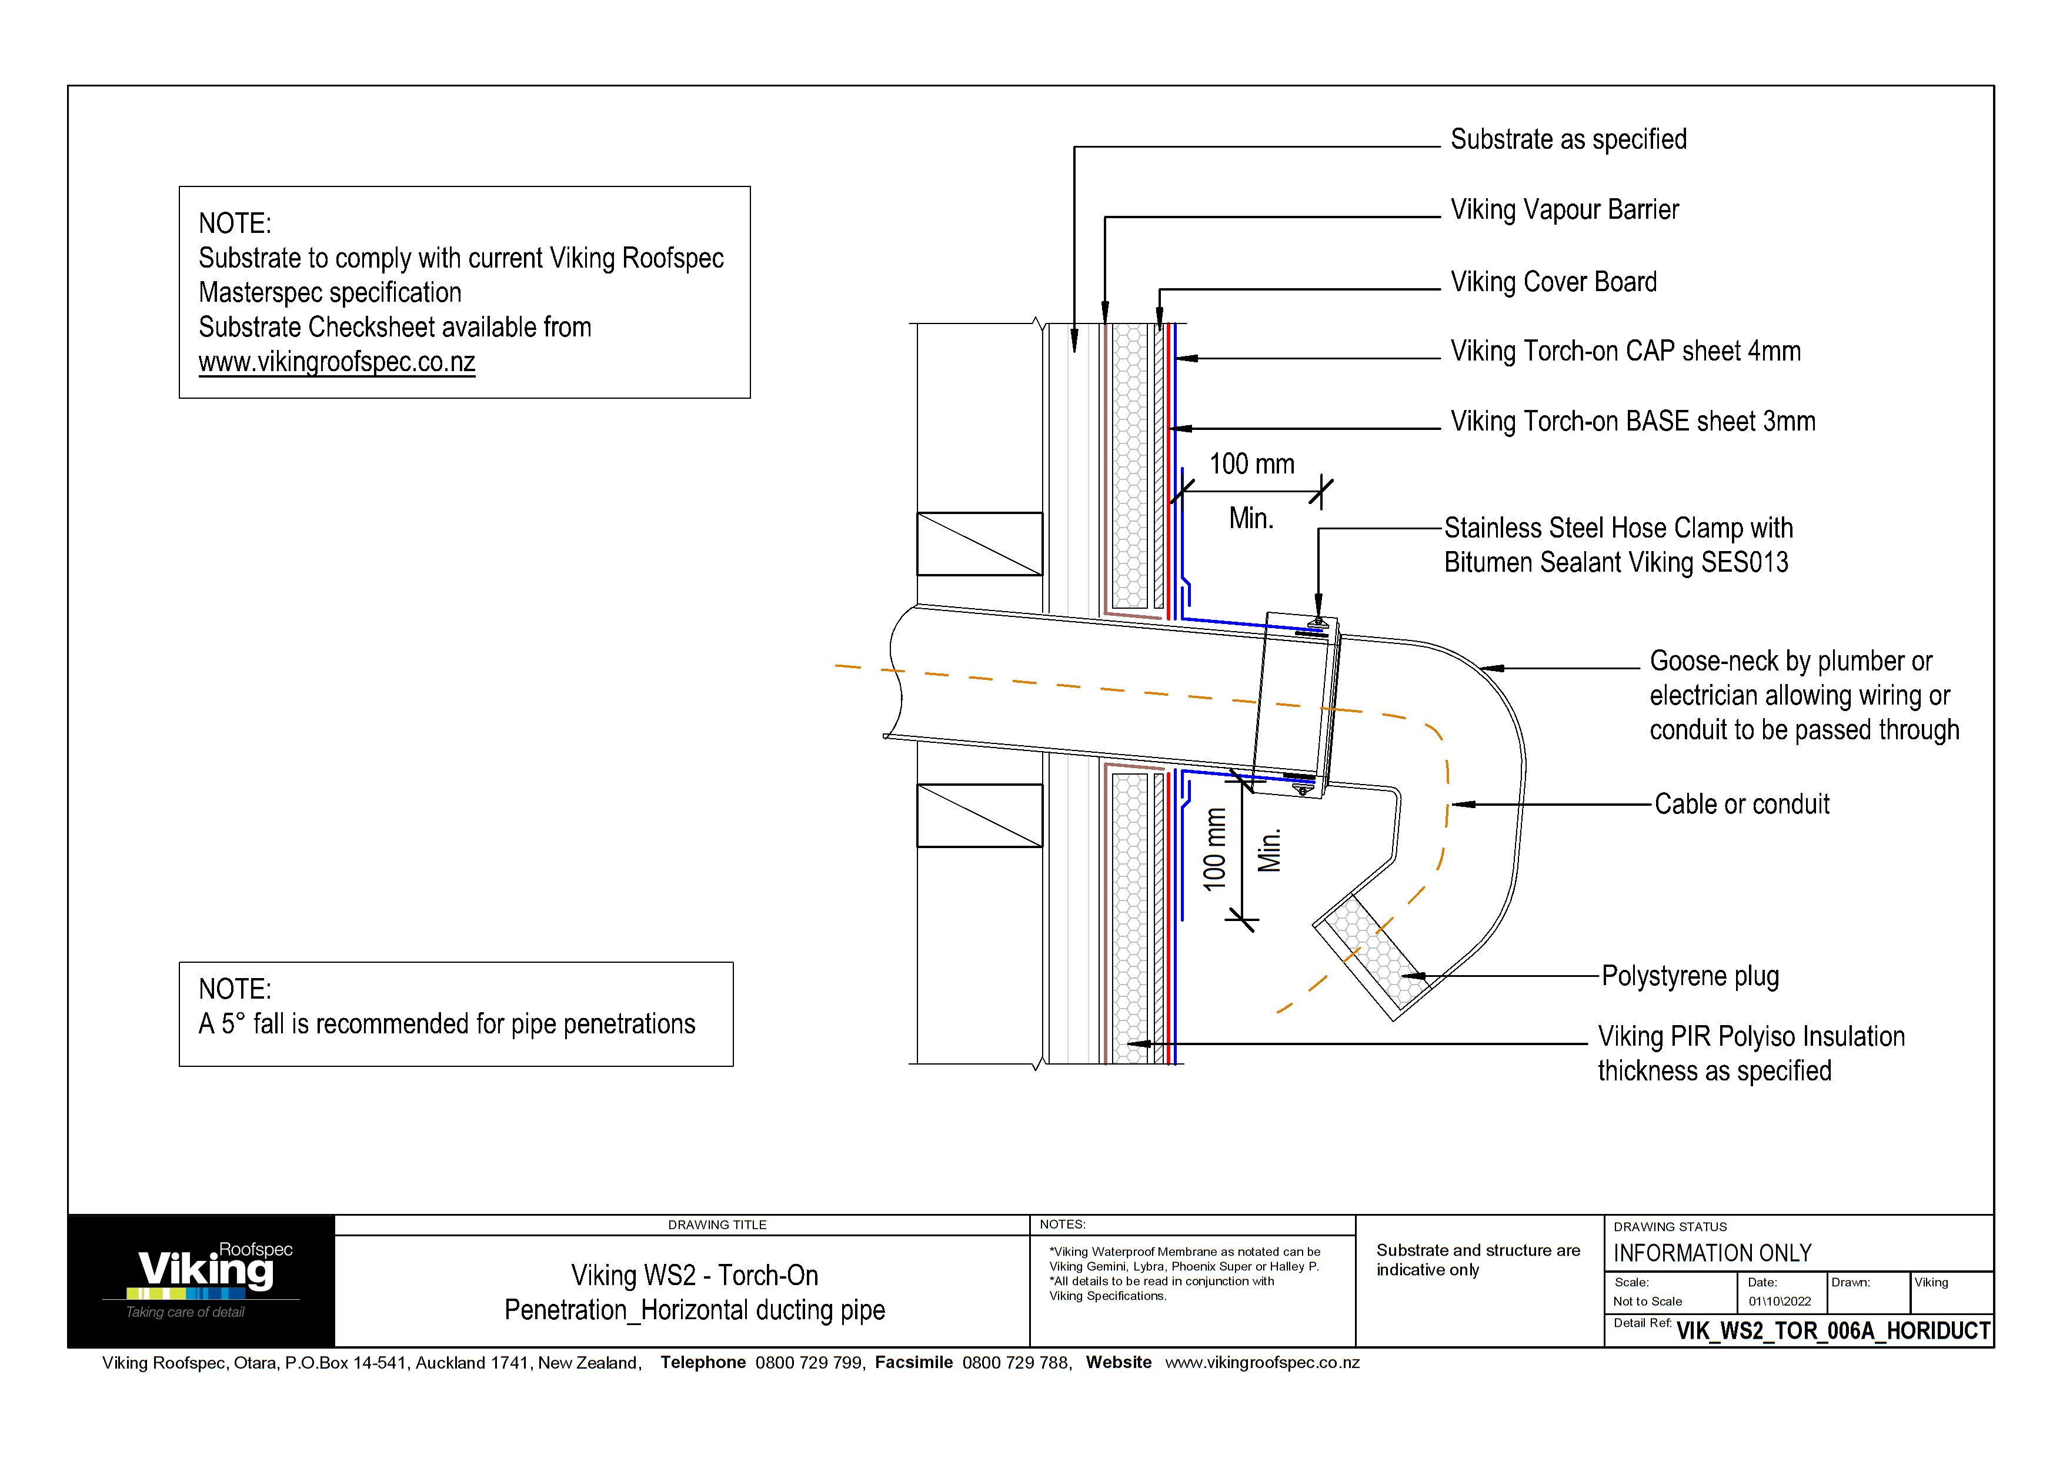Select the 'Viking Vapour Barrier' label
click(x=1564, y=209)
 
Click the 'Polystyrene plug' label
click(x=1690, y=976)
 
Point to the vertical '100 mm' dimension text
click(x=1215, y=850)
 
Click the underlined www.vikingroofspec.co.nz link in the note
click(x=337, y=362)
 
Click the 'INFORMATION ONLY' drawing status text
click(x=1712, y=1253)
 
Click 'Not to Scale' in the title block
click(x=1647, y=1301)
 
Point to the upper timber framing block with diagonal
click(x=979, y=543)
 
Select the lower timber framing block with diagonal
click(x=979, y=816)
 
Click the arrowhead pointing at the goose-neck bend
click(x=1491, y=668)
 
